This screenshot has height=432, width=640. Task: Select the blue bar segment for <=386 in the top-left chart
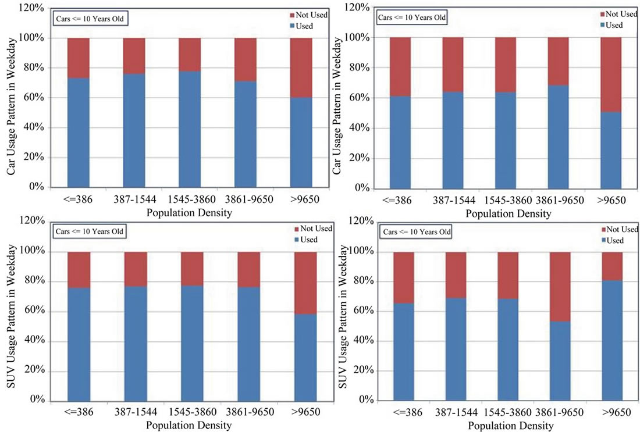(79, 133)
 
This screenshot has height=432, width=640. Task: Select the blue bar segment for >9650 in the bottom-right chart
(611, 340)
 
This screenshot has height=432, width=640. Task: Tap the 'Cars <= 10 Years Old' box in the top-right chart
(413, 17)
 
